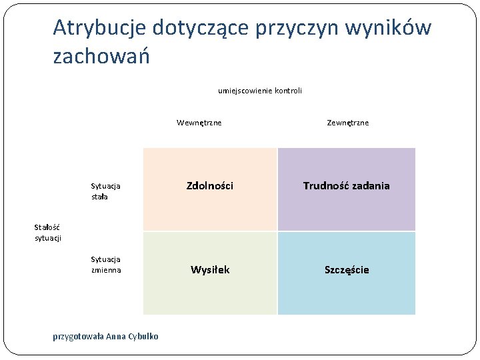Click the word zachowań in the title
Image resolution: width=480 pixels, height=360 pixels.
(x=101, y=57)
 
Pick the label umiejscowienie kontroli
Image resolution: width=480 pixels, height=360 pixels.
(x=259, y=90)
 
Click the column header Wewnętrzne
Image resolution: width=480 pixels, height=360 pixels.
(x=199, y=123)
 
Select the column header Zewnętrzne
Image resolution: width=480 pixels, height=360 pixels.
(x=347, y=123)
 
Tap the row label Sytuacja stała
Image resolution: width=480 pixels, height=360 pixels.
(x=105, y=192)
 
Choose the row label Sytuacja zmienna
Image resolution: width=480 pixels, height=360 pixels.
(x=106, y=265)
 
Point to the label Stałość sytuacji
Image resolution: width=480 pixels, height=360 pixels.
(x=47, y=233)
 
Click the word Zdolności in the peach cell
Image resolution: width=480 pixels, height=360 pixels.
(x=209, y=186)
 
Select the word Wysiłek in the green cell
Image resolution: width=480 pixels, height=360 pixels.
(x=210, y=270)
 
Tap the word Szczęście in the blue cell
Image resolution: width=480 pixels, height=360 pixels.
(x=346, y=270)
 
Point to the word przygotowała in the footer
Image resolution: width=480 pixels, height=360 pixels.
(x=78, y=336)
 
